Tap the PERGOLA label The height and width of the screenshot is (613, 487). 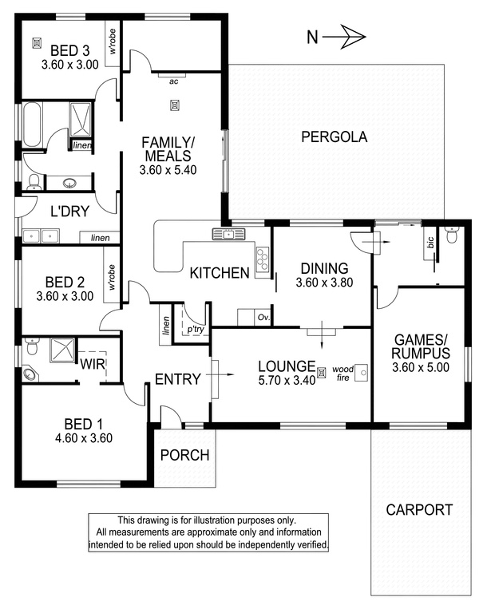(335, 136)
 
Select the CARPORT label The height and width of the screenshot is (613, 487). (419, 510)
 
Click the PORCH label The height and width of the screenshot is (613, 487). (185, 455)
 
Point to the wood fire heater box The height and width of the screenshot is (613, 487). (362, 373)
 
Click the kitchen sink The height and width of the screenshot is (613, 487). (228, 234)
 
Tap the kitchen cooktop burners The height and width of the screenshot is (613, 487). (263, 259)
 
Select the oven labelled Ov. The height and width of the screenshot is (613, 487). (263, 318)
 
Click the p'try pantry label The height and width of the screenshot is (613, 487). (195, 330)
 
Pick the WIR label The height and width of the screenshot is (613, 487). (93, 364)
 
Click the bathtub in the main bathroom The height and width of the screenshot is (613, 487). (32, 125)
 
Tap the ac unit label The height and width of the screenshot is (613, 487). (174, 81)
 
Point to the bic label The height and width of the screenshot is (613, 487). (430, 243)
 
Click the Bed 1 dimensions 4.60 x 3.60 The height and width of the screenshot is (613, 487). (84, 438)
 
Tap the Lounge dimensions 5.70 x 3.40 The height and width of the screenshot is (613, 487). (287, 380)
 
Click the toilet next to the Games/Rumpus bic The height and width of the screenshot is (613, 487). (452, 235)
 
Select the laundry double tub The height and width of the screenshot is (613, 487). (41, 236)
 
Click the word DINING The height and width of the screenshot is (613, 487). (325, 268)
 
